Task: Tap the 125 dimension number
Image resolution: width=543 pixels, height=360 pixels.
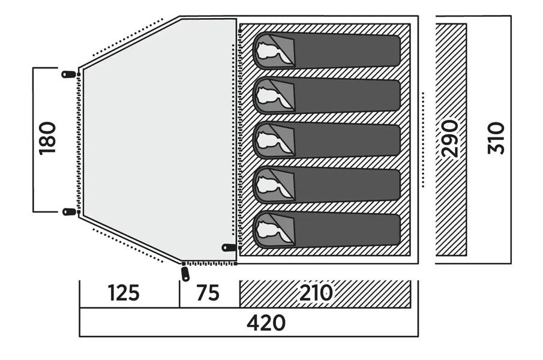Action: point(124,293)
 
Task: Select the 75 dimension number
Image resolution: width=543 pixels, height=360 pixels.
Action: point(208,293)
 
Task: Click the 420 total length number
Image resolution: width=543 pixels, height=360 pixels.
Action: point(266,323)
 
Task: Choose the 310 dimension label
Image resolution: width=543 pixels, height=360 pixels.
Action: point(496,138)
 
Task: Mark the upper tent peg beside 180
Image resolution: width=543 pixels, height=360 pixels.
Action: point(69,74)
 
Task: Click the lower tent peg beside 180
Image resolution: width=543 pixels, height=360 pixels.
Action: point(69,211)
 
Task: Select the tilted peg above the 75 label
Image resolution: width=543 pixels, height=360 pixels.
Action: point(185,274)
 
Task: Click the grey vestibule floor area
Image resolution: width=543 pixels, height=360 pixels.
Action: point(159,138)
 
